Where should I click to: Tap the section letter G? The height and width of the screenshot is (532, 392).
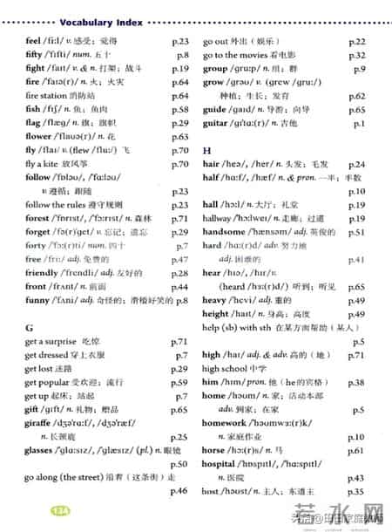[30, 325]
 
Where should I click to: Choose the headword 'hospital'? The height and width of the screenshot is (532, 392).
[221, 464]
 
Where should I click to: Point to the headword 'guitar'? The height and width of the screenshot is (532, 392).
[214, 125]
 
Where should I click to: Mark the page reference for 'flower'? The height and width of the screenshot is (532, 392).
[180, 136]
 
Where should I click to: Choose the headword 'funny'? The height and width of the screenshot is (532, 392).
[37, 300]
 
